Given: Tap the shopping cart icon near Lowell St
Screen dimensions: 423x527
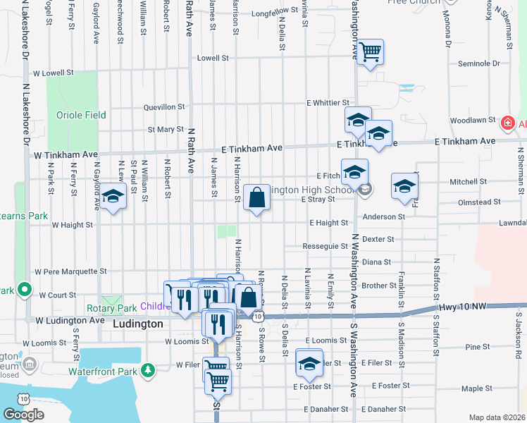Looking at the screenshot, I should tap(370, 52).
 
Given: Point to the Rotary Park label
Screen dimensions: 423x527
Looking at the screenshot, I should tap(111, 308).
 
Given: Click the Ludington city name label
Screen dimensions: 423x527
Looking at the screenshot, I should tap(137, 324).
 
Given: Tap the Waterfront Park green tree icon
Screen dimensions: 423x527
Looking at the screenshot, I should tap(147, 369).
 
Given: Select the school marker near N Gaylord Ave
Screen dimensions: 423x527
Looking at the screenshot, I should tap(112, 197).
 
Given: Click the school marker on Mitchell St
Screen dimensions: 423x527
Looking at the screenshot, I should tap(404, 185).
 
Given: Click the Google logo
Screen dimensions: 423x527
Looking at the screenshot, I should tap(23, 415).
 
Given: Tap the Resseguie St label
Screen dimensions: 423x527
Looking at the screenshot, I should tap(325, 247).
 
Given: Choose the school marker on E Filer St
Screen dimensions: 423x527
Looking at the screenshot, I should tap(309, 362).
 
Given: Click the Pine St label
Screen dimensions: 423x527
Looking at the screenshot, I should tap(477, 347).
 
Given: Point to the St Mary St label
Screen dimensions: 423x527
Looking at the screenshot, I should tap(165, 130).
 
